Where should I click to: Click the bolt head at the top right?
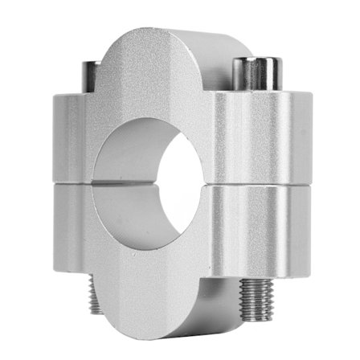point(256,74)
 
